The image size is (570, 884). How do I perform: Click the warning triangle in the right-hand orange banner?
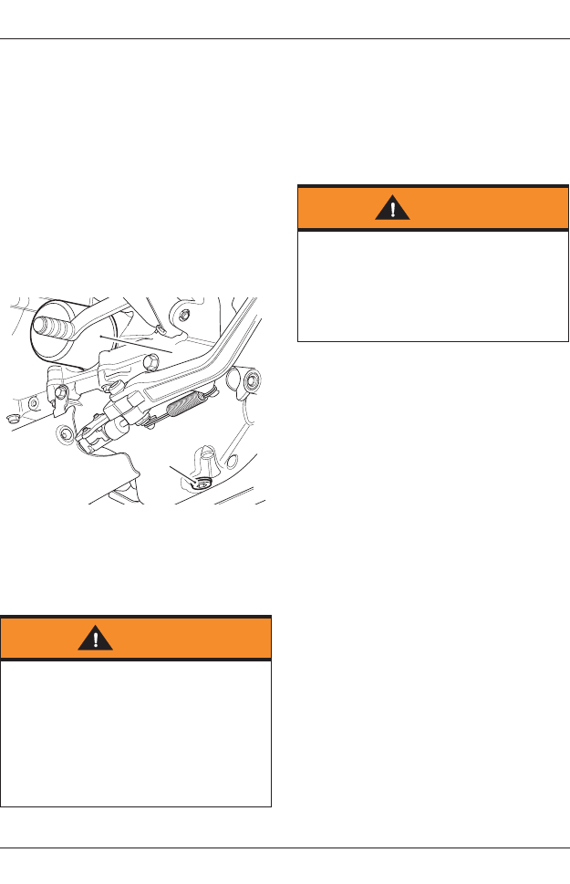393,208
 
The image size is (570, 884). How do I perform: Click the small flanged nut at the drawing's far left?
10,419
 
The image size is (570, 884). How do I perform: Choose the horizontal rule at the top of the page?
285,39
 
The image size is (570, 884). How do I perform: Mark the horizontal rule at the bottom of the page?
285,848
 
